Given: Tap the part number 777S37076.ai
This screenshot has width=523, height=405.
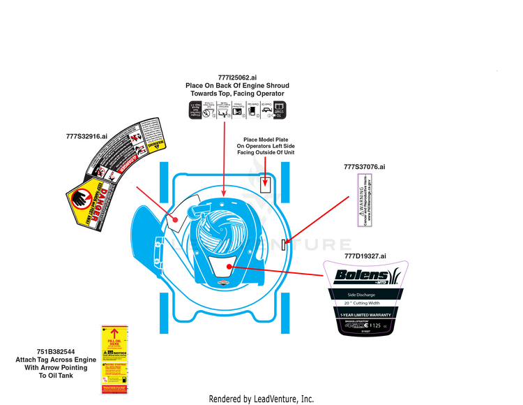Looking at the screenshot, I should coord(364,167).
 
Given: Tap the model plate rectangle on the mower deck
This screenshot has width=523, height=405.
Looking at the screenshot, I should coord(265,184).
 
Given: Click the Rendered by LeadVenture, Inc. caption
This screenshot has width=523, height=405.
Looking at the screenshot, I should coord(261,398).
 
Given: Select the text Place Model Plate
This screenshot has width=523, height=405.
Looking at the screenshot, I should coord(264,139).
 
